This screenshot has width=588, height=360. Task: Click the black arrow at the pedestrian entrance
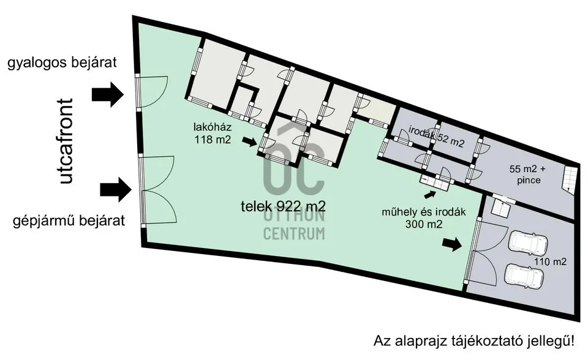108,94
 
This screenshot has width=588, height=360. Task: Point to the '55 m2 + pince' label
530,176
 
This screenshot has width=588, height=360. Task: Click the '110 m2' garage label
549,261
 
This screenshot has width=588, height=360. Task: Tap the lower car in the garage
524,276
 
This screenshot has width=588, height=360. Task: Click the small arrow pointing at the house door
249,142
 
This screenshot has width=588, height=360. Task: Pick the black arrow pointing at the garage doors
453,244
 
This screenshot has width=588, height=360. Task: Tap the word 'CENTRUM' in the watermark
294,233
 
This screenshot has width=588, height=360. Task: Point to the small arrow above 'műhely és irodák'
432,194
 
